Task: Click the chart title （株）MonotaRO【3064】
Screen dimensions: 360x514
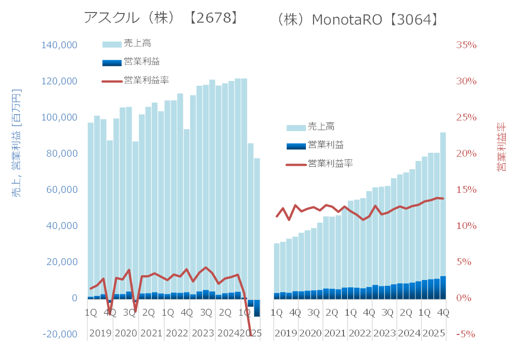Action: (x=358, y=19)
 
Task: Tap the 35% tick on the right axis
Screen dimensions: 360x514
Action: (x=466, y=45)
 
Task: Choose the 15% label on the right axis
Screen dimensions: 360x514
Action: (x=466, y=189)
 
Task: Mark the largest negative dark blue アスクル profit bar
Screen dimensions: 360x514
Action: (x=257, y=308)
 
